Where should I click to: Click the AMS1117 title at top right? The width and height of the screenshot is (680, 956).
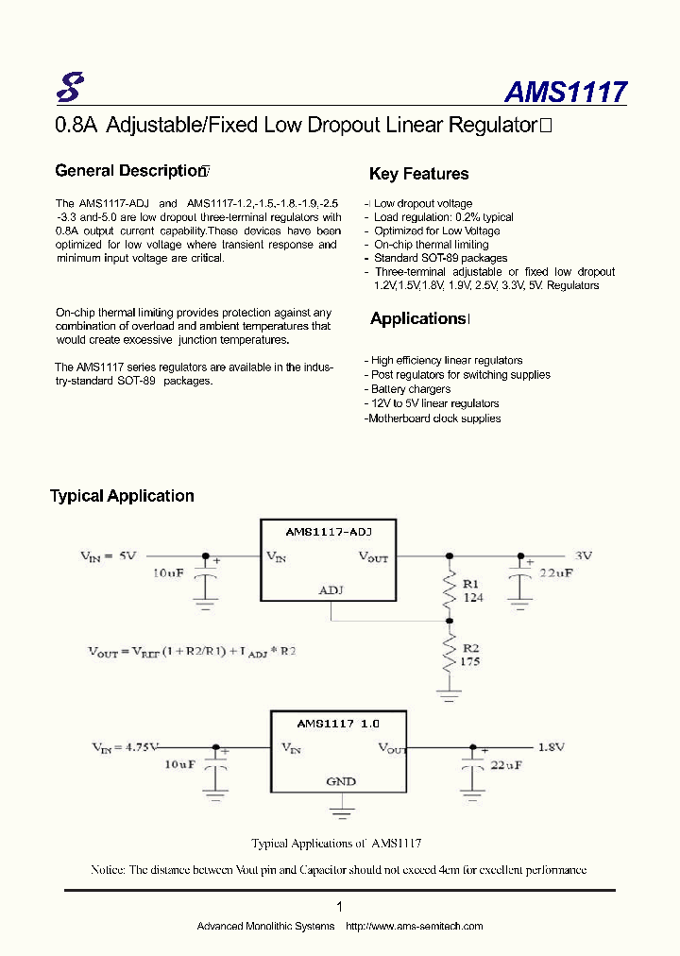(565, 92)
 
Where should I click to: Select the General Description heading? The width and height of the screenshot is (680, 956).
(130, 171)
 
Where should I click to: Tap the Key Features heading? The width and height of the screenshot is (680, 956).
(418, 174)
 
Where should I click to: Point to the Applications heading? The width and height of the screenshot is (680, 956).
(418, 319)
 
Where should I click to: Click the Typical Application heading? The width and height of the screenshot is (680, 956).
(122, 496)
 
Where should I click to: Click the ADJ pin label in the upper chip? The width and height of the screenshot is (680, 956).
(331, 590)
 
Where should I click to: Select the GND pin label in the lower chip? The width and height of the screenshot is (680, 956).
(341, 781)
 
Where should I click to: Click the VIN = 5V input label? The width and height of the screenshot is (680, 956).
(109, 556)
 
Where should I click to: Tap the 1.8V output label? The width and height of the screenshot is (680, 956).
(552, 747)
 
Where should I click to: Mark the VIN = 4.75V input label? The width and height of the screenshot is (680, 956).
(126, 748)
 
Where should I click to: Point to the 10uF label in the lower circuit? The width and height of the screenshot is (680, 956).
(179, 764)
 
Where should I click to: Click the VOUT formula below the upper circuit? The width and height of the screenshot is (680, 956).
(192, 652)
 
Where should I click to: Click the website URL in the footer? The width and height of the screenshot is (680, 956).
(415, 926)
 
